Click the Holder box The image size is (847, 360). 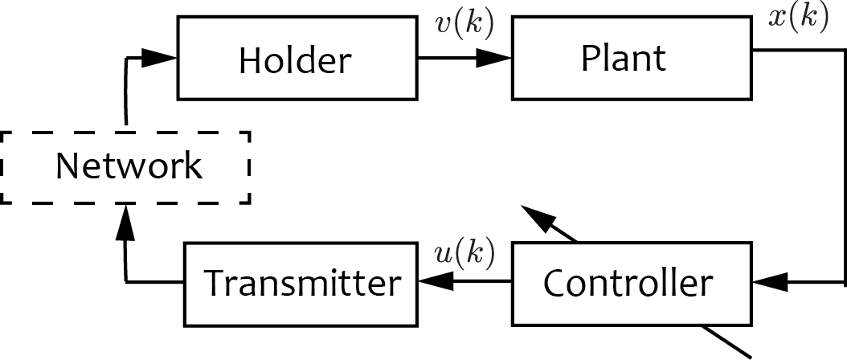297,58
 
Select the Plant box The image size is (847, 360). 632,58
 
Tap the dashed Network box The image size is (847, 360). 125,168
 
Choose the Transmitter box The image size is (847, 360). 301,284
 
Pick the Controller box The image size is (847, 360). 632,284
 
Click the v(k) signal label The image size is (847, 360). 464,26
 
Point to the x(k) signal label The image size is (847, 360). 798,18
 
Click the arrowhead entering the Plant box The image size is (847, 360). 493,58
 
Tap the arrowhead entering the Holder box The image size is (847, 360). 159,58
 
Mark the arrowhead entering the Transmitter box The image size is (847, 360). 436,281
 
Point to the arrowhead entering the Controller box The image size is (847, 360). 771,281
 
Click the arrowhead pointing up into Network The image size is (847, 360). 126,222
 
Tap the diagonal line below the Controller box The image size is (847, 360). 726,342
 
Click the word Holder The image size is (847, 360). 295,59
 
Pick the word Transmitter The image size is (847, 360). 302,283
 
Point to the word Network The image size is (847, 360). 129,166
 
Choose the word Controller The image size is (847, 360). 628,283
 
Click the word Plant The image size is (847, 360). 624,57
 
